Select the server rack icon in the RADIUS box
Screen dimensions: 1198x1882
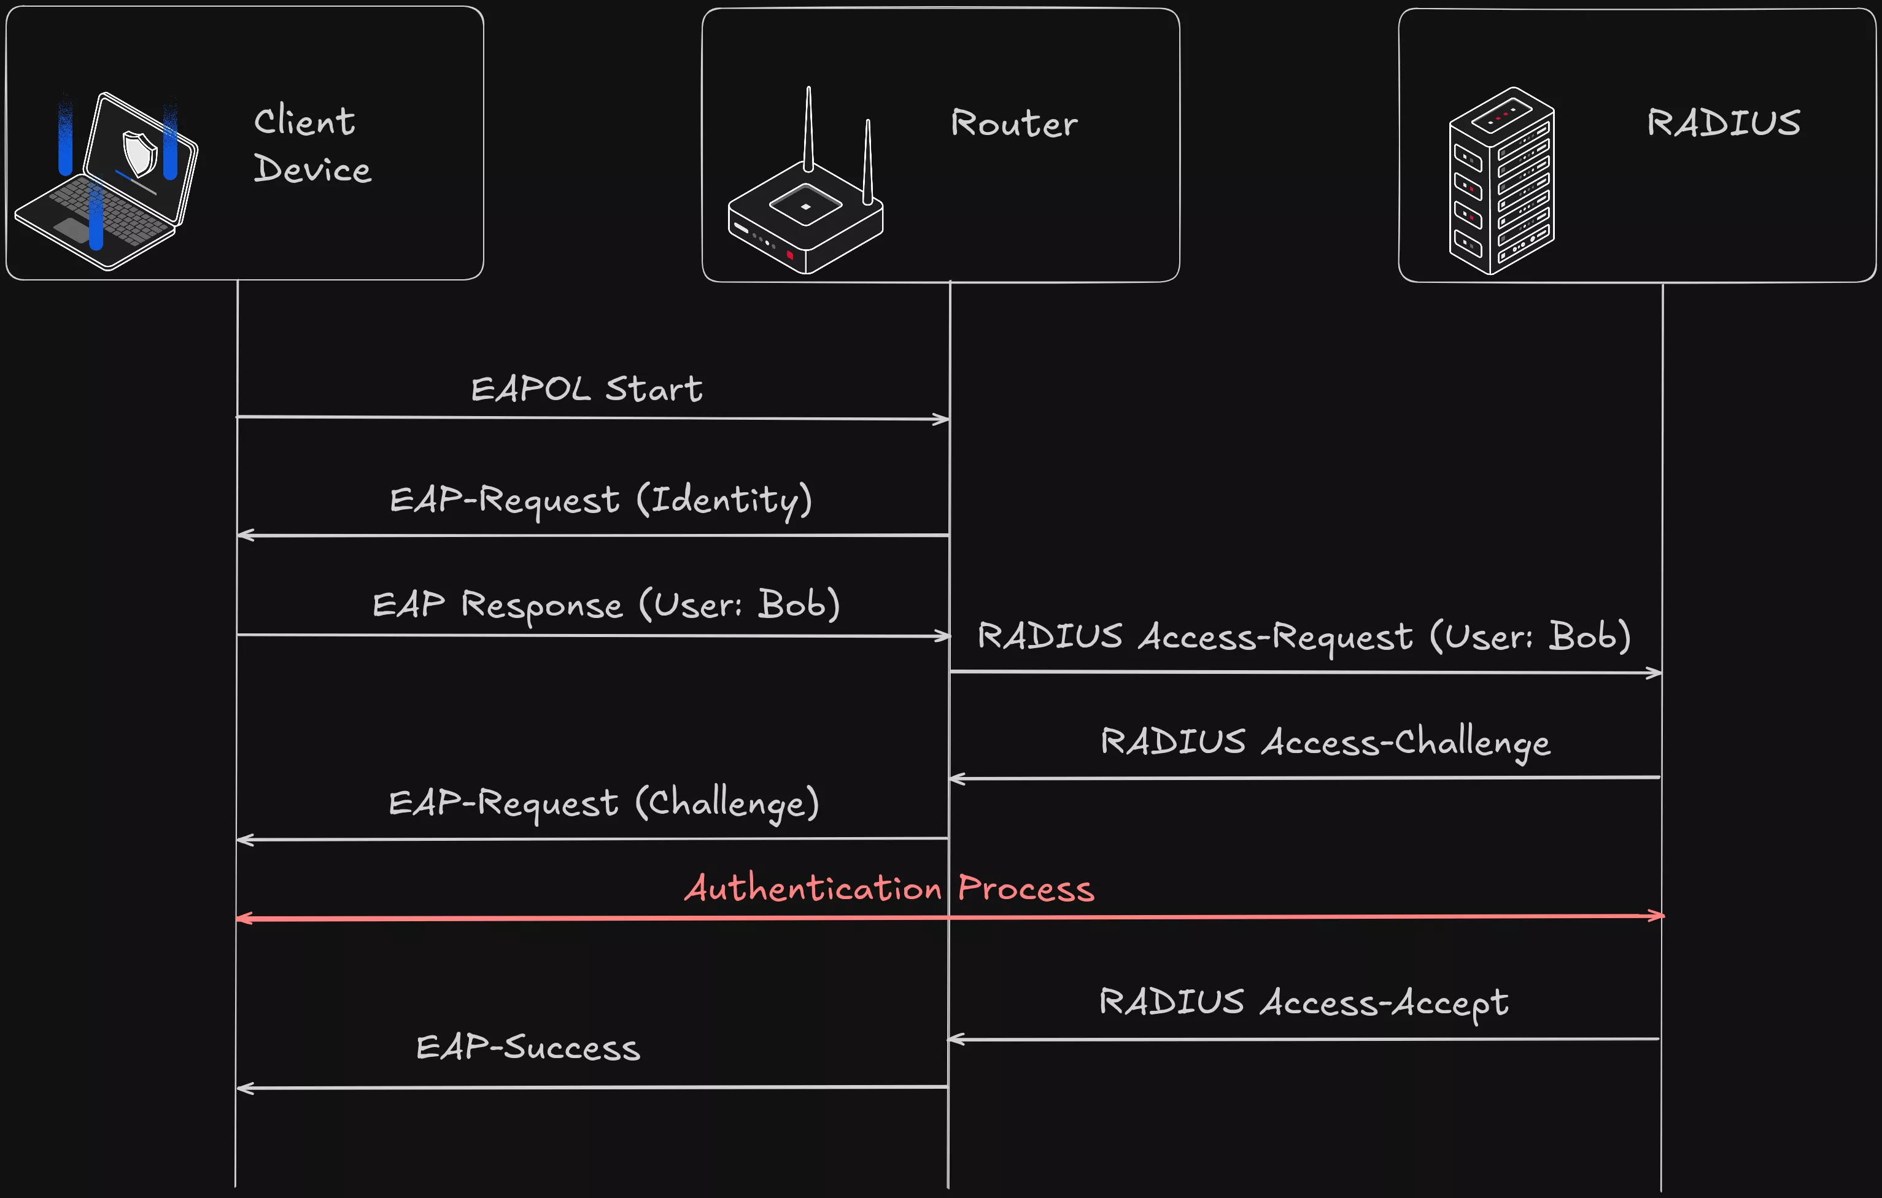(1501, 181)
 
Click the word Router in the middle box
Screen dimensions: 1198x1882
(1013, 123)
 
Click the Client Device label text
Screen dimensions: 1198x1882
(311, 146)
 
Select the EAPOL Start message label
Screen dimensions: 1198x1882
(586, 389)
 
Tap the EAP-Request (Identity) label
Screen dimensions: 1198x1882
(600, 500)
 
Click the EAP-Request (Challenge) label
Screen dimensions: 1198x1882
(603, 803)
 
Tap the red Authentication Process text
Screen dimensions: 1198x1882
(889, 889)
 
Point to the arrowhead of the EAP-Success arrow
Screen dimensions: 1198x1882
(243, 1088)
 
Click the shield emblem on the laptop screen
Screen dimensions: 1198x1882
(141, 152)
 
